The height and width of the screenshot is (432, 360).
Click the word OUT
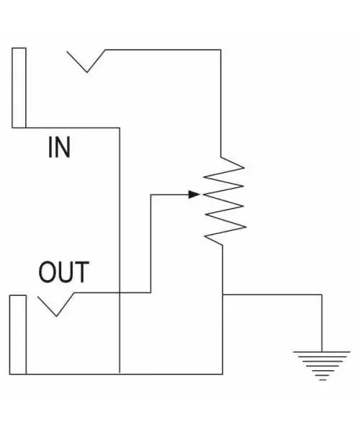pyautogui.click(x=63, y=273)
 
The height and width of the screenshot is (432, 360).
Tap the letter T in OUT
pyautogui.click(x=81, y=273)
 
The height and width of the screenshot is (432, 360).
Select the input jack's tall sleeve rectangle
pyautogui.click(x=19, y=87)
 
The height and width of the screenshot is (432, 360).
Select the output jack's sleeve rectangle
pyautogui.click(x=18, y=334)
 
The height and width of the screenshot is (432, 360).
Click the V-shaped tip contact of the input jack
pyautogui.click(x=86, y=62)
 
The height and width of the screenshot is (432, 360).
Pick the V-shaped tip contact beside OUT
pyautogui.click(x=56, y=305)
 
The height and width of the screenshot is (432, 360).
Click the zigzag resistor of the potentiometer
pyautogui.click(x=224, y=201)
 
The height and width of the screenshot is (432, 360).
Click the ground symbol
pyautogui.click(x=321, y=364)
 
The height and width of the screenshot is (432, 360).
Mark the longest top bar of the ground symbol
pyautogui.click(x=321, y=351)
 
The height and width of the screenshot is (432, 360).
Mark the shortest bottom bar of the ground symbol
pyautogui.click(x=321, y=379)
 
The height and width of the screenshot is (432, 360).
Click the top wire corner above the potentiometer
pyautogui.click(x=220, y=50)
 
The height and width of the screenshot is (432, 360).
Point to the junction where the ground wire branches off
pyautogui.click(x=224, y=294)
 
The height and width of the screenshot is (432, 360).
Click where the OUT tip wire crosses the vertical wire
pyautogui.click(x=118, y=292)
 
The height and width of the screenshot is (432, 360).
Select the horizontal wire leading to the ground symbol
pyautogui.click(x=274, y=294)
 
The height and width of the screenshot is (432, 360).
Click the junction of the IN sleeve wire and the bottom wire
pyautogui.click(x=118, y=374)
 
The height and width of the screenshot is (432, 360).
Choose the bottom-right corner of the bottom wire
pyautogui.click(x=224, y=374)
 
